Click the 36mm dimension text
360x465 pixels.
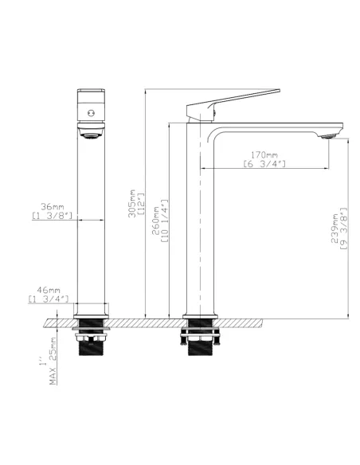pos(53,205)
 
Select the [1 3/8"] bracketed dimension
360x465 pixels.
pos(53,215)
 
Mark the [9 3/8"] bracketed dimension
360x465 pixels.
pos(343,229)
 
